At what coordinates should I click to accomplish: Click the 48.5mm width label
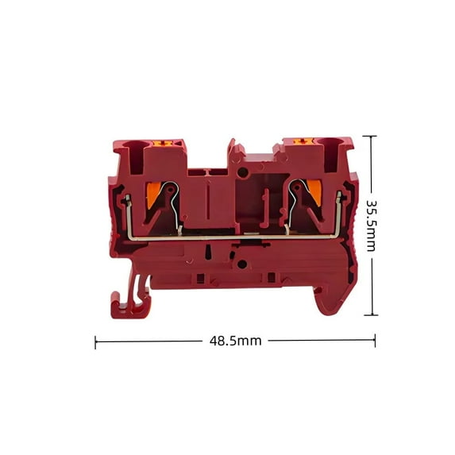click(235, 341)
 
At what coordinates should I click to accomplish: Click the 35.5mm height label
click(370, 225)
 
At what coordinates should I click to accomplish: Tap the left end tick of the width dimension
click(95, 342)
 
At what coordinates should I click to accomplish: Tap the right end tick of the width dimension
click(375, 341)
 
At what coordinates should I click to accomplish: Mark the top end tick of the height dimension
click(370, 137)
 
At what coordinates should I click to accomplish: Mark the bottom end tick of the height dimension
click(370, 315)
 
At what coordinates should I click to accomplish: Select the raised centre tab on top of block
click(233, 152)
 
